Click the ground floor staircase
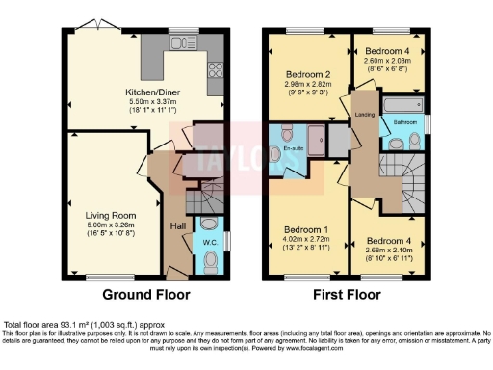coord(197,200)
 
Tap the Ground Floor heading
coord(145,295)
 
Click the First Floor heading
coord(346,295)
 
